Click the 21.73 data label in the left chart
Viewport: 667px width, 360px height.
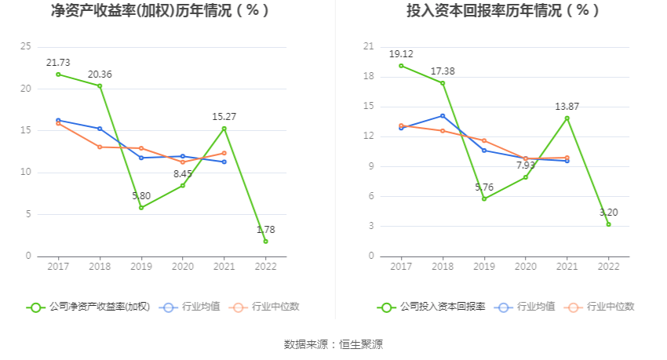(58, 62)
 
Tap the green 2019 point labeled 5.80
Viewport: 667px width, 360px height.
(141, 208)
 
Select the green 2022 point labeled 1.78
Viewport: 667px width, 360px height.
(265, 241)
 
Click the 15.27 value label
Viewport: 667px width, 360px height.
(224, 117)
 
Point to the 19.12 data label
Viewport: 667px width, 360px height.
(401, 54)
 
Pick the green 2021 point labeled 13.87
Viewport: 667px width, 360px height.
(567, 118)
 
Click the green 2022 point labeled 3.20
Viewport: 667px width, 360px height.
(608, 224)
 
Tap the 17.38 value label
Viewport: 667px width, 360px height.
(443, 71)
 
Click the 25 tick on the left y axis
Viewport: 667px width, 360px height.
(26, 47)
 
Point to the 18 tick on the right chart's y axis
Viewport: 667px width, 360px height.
(369, 77)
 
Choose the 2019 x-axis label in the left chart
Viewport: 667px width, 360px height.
(141, 267)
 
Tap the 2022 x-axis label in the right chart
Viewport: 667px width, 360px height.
(608, 267)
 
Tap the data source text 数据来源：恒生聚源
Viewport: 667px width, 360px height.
(333, 344)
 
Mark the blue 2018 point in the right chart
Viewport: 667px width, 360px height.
(443, 116)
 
